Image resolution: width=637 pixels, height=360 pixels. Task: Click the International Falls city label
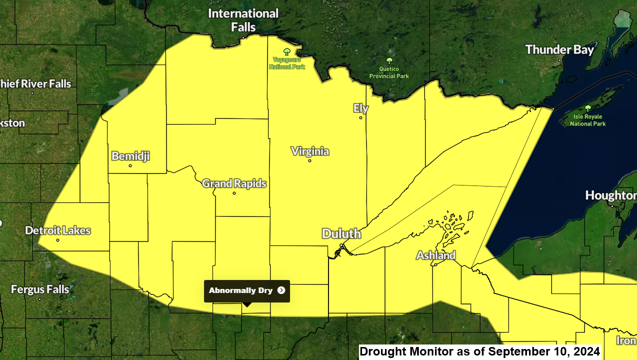tap(243, 20)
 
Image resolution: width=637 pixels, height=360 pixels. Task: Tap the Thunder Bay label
tap(559, 49)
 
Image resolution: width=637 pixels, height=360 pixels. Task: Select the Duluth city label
tap(341, 233)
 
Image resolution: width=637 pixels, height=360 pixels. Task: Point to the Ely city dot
tap(360, 118)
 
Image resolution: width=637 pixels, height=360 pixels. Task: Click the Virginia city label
tap(310, 151)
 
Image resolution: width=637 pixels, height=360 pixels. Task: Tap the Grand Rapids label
tap(234, 183)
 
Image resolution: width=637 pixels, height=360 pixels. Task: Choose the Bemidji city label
tap(130, 156)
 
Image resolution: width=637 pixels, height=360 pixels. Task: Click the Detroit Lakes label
tap(58, 230)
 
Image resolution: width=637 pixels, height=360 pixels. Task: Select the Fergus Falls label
tap(40, 289)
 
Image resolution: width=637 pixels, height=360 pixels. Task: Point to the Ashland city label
tap(436, 255)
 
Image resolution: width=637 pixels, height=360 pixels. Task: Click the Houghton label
tap(610, 195)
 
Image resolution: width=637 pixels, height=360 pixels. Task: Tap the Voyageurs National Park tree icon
tap(287, 51)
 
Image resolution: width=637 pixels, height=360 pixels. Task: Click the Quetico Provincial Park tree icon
tap(389, 61)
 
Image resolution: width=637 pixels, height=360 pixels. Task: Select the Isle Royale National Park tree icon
tap(587, 108)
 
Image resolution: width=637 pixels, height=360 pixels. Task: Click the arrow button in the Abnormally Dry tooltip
tap(281, 290)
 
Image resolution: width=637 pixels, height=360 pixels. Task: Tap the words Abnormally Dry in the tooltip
tap(240, 290)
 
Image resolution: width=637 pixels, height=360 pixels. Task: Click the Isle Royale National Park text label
tap(587, 120)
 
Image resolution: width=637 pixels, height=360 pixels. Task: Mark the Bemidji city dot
tap(130, 165)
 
